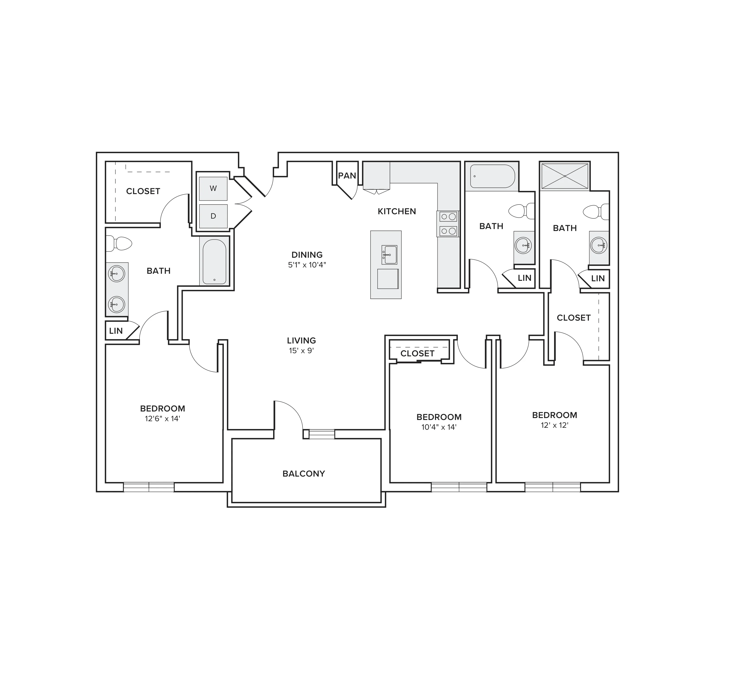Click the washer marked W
click(213, 188)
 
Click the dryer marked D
click(213, 216)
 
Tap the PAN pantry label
click(347, 176)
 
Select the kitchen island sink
click(389, 255)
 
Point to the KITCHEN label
click(397, 211)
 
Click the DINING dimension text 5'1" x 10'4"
click(307, 265)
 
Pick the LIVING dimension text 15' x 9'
click(302, 351)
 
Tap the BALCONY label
click(304, 474)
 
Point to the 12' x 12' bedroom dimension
click(555, 425)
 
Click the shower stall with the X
click(564, 176)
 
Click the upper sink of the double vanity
click(116, 274)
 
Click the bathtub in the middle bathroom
click(493, 176)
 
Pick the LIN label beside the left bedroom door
click(116, 331)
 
